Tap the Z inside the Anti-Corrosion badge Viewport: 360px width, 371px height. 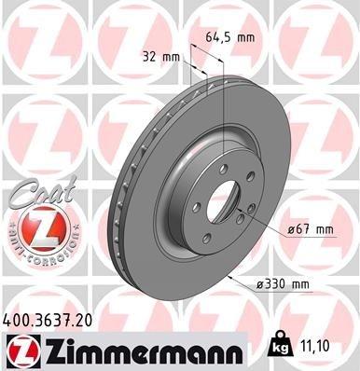(38, 226)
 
